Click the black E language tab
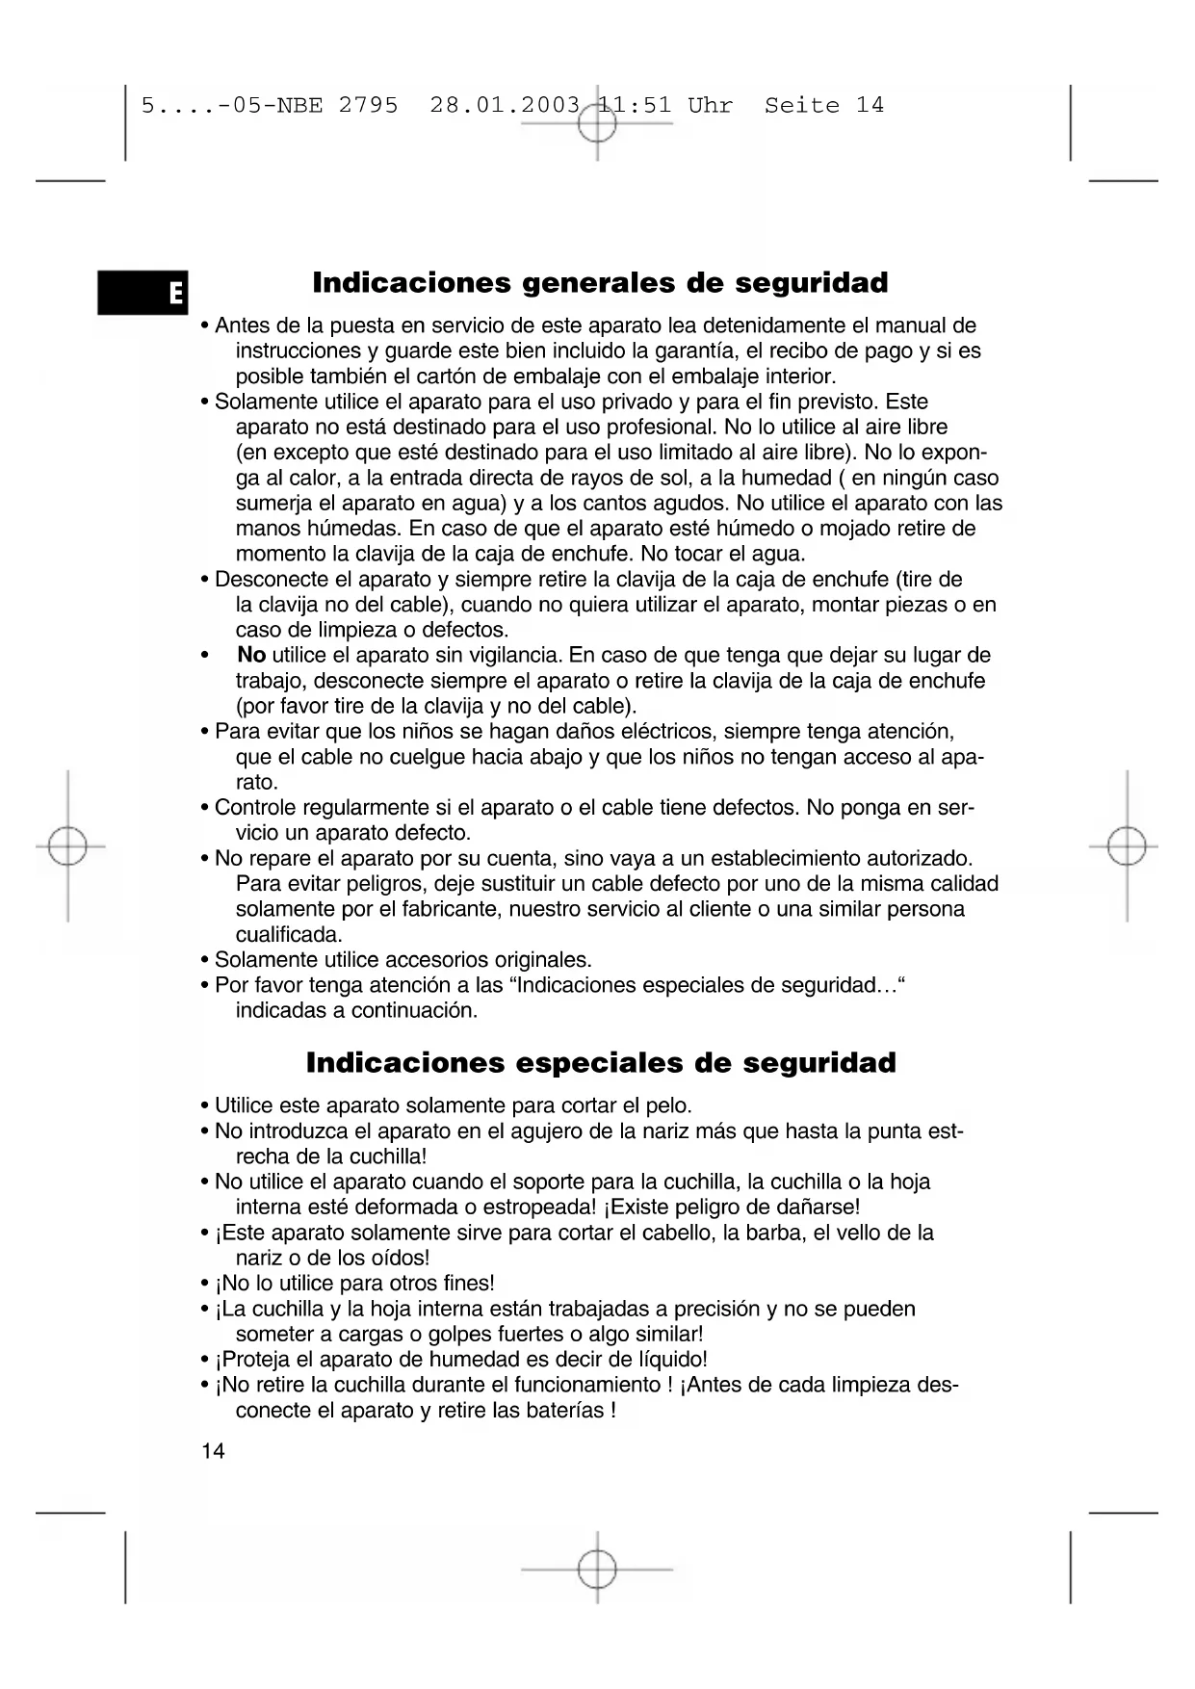pyautogui.click(x=143, y=292)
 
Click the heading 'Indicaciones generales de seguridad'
pyautogui.click(x=600, y=283)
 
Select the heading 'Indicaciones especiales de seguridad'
pyautogui.click(x=601, y=1063)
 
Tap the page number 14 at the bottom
pyautogui.click(x=213, y=1451)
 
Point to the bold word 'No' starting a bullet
pyautogui.click(x=251, y=656)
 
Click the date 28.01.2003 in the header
pyautogui.click(x=505, y=105)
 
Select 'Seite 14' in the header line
pyautogui.click(x=823, y=105)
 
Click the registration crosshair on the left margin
pyautogui.click(x=67, y=846)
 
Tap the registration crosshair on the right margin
pyautogui.click(x=1126, y=846)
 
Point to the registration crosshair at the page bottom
pyautogui.click(x=597, y=1569)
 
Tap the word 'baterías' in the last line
pyautogui.click(x=564, y=1411)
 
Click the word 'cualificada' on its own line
pyautogui.click(x=289, y=935)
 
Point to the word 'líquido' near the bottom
pyautogui.click(x=671, y=1360)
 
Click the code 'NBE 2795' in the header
pyautogui.click(x=337, y=105)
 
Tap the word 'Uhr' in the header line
pyautogui.click(x=710, y=105)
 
